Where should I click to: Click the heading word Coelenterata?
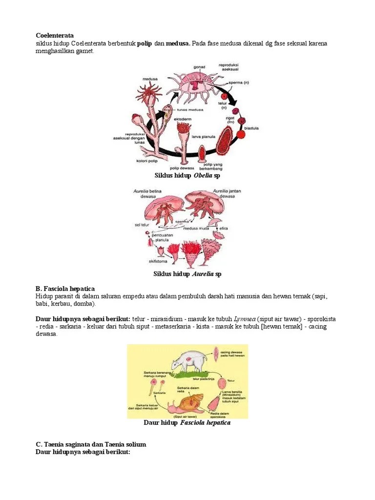point(55,36)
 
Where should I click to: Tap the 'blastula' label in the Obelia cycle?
point(252,128)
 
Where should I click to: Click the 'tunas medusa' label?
point(191,110)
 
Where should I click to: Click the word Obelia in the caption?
point(202,175)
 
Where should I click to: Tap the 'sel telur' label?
point(142,225)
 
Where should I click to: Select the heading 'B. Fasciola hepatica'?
point(65,289)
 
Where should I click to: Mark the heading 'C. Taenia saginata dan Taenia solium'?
point(91,445)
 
